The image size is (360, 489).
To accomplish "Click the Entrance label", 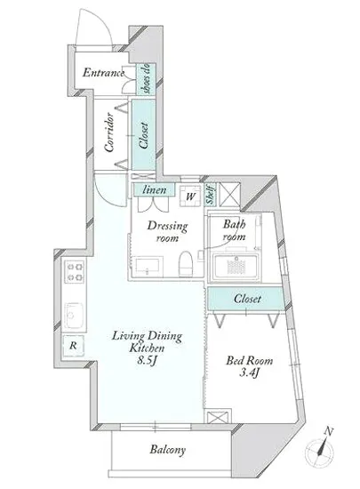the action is tap(103, 73).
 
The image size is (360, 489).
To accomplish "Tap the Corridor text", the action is tap(109, 132).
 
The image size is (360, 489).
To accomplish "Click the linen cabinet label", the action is tap(154, 189).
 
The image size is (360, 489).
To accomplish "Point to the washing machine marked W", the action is tap(190, 196).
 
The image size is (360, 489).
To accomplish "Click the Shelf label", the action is tap(211, 195).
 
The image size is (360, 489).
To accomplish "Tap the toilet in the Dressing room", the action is tap(186, 263).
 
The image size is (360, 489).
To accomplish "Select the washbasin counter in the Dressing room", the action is tap(147, 267).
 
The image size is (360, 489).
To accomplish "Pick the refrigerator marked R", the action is tap(73, 346).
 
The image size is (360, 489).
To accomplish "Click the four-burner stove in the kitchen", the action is tap(74, 272).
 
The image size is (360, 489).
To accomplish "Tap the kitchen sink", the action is tap(74, 315).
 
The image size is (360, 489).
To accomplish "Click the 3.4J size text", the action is tap(250, 373).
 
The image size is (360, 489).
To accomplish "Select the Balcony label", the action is tap(168, 450).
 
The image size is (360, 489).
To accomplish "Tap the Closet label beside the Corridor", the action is tap(144, 135).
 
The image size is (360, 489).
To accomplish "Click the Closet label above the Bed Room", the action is tap(247, 299).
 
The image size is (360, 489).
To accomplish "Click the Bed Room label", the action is tap(250, 360).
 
